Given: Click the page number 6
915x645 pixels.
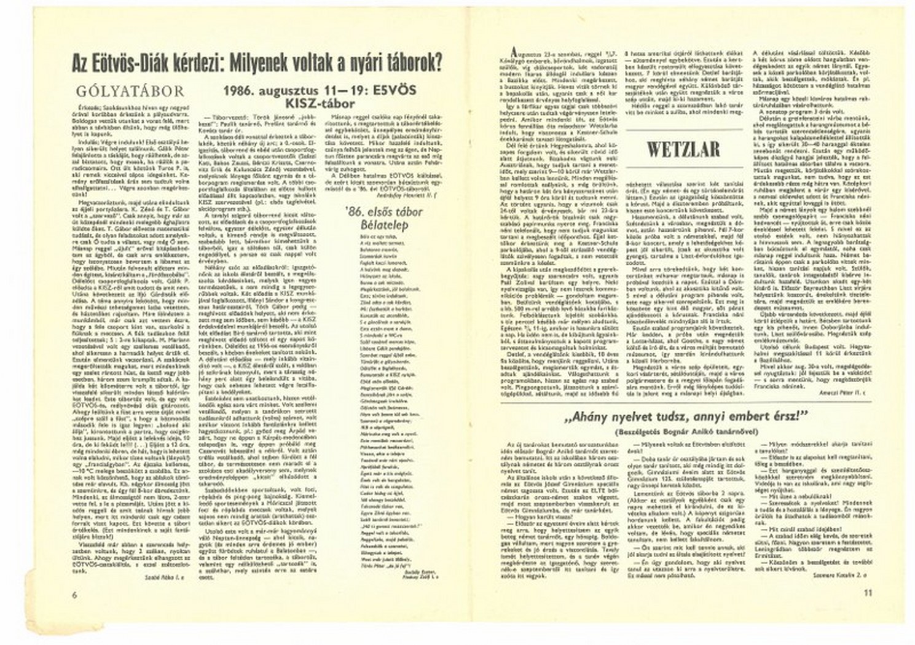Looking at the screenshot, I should pyautogui.click(x=74, y=594).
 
